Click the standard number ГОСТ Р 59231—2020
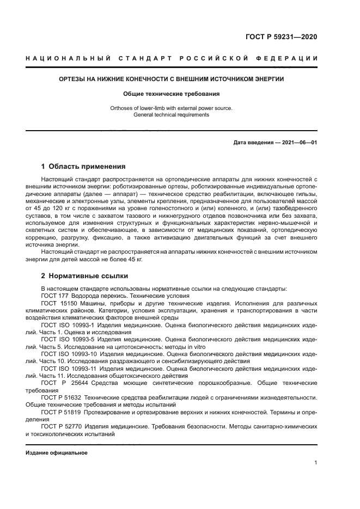tap(281, 37)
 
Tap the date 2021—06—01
tap(299, 143)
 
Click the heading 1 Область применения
tap(83, 167)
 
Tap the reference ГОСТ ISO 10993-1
tap(68, 324)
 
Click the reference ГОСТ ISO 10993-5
tap(68, 339)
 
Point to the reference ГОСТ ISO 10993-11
tap(69, 369)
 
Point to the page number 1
tap(315, 463)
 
